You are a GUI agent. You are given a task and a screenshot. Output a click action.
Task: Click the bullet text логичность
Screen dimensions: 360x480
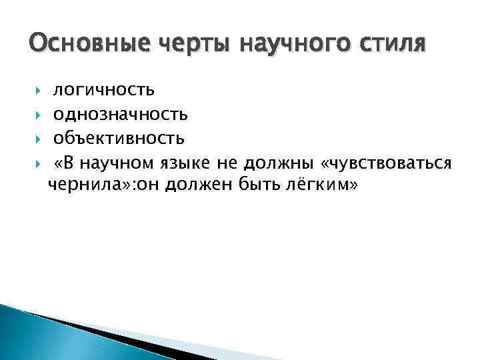click(x=103, y=89)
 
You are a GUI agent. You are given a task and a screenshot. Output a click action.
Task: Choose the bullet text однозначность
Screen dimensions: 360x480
click(x=120, y=114)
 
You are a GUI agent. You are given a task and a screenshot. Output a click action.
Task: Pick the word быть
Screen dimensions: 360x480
click(x=249, y=186)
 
